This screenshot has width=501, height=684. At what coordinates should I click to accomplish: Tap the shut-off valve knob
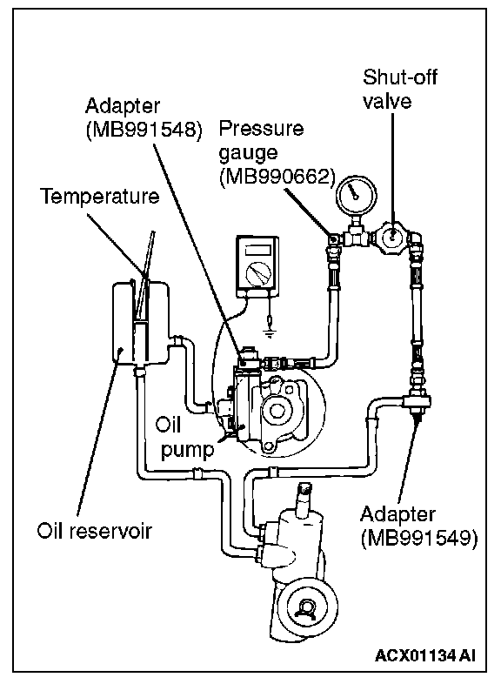point(392,236)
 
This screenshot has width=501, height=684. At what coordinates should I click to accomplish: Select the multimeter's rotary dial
point(257,274)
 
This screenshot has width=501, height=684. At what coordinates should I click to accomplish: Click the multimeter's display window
point(257,251)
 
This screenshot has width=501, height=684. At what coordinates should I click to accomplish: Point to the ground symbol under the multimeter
point(271,334)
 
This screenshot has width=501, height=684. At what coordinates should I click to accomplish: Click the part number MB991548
point(144,130)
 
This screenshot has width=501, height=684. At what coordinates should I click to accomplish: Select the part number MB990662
point(277,177)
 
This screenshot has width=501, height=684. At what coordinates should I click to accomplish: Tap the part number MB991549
point(419,538)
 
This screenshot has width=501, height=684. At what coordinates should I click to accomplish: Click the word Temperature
point(100,196)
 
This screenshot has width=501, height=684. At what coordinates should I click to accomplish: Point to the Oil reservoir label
point(94,531)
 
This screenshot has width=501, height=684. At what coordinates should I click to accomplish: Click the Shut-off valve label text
point(399,89)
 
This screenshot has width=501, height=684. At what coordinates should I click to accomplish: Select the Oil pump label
point(188,437)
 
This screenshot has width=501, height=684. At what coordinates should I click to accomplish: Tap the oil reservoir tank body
point(140,322)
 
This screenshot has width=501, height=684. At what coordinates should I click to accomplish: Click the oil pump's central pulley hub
point(275,411)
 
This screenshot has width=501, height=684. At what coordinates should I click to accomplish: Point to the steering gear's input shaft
point(303,497)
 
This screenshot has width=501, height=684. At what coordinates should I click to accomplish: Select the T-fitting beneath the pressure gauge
point(357,236)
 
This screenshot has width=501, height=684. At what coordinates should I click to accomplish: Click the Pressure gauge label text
point(261,140)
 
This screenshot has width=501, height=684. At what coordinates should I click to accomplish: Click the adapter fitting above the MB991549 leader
point(417,400)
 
